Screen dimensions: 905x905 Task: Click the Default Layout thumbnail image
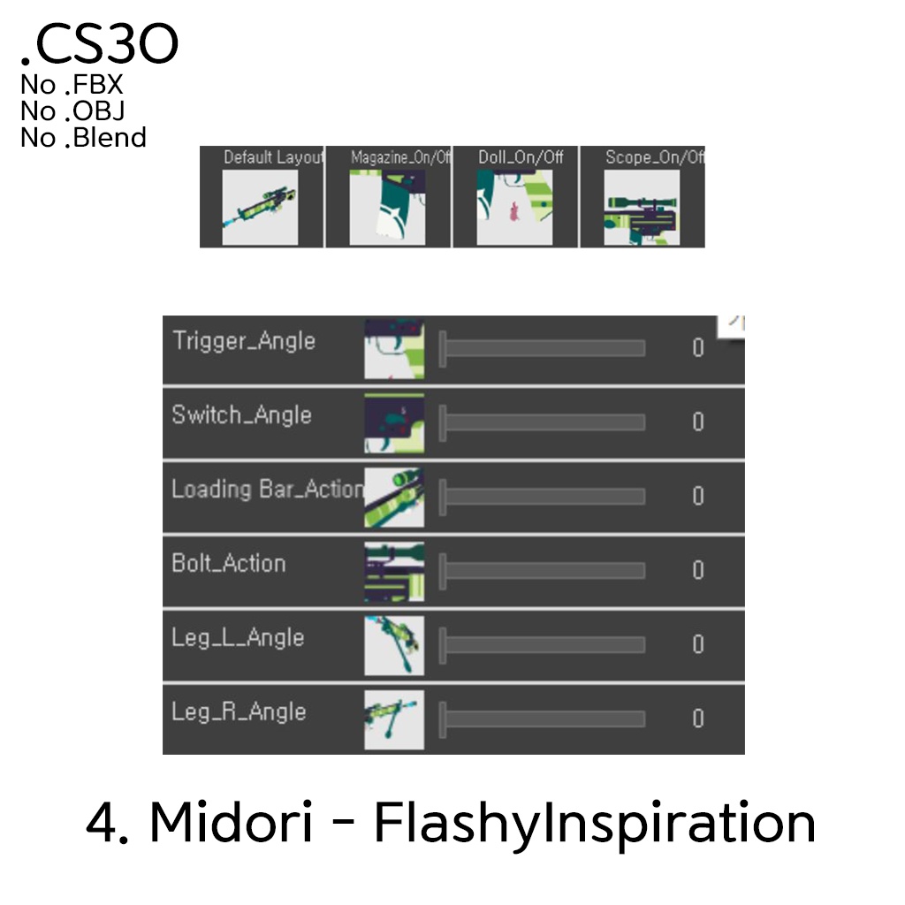[260, 208]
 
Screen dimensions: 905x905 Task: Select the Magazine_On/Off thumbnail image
[388, 208]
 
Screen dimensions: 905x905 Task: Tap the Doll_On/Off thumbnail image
[514, 208]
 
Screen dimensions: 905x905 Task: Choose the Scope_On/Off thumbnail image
[642, 208]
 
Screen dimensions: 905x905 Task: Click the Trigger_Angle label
[244, 341]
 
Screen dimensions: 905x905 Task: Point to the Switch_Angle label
[242, 415]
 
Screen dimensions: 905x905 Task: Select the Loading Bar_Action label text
[267, 490]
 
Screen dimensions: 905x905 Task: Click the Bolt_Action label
[229, 564]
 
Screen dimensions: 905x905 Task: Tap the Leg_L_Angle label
[238, 638]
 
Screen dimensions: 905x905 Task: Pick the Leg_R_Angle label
[239, 712]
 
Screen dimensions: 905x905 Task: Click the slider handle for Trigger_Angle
[443, 348]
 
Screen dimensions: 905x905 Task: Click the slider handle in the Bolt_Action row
[443, 571]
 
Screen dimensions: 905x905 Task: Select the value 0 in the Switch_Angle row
[698, 422]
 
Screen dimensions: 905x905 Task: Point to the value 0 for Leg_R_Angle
[698, 719]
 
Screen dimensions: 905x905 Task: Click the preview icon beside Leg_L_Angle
[394, 645]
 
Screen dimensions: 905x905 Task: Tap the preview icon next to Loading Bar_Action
[394, 497]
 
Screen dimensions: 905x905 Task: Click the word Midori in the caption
[231, 823]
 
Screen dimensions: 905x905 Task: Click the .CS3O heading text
[100, 46]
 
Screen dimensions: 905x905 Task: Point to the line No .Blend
[83, 138]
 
